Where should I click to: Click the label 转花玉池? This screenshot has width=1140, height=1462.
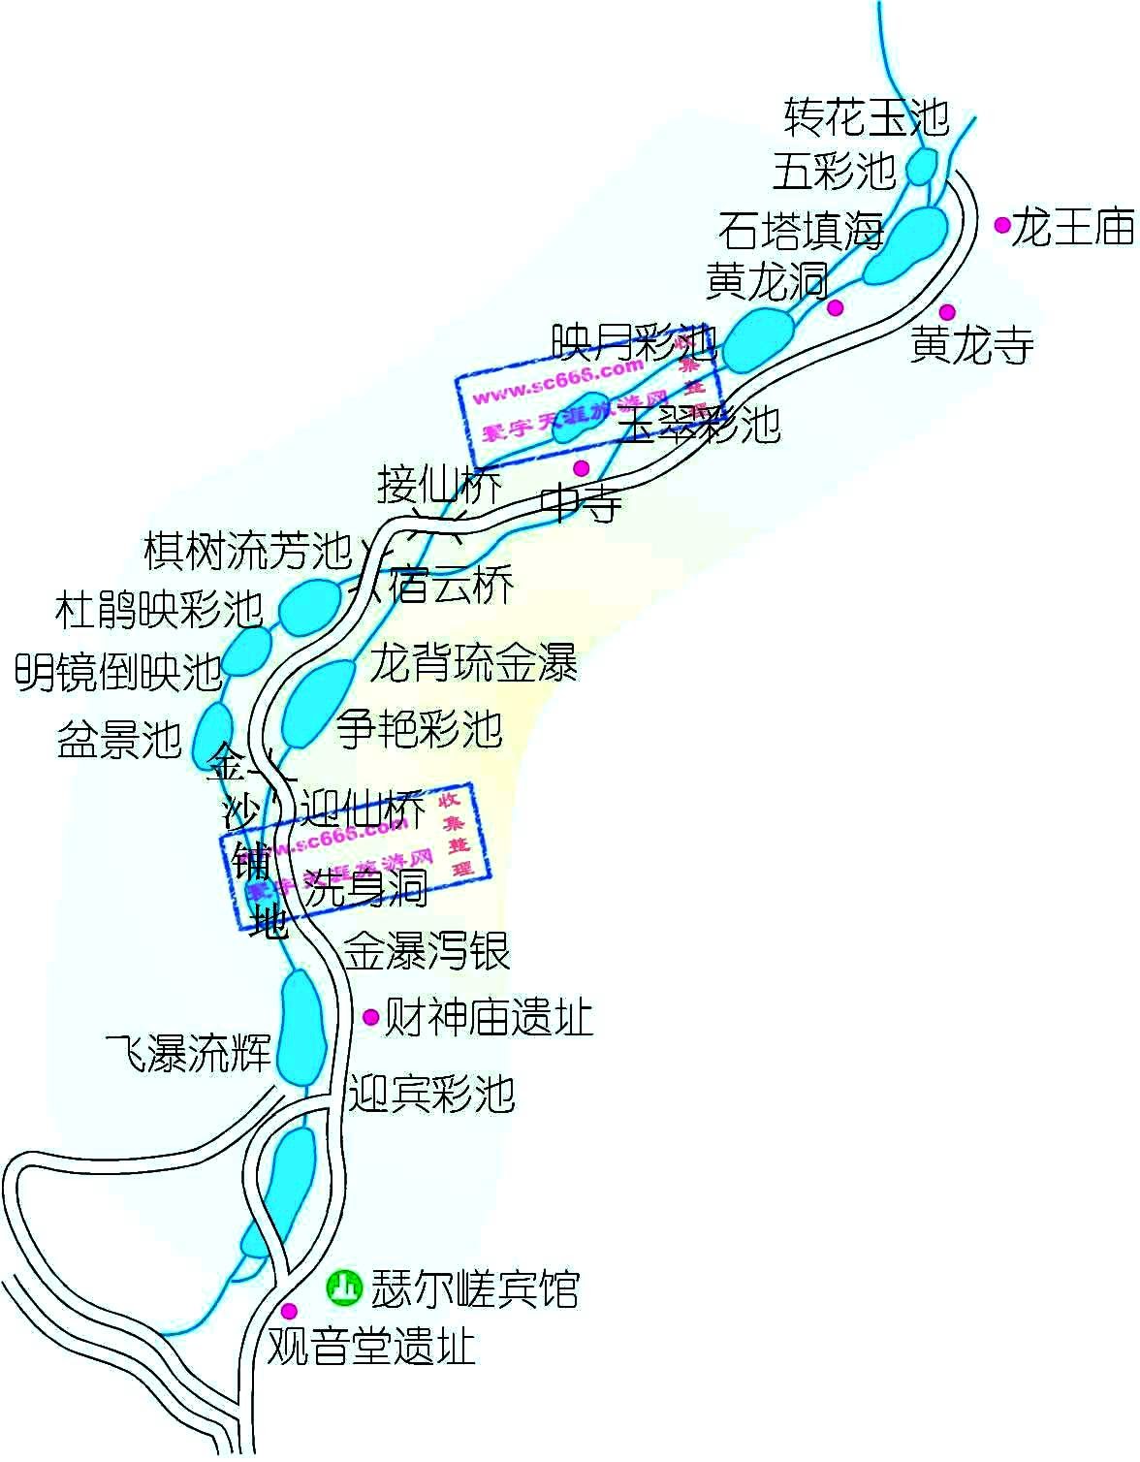866,116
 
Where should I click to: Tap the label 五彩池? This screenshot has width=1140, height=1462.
834,172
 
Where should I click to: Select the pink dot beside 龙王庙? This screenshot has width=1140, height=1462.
1002,225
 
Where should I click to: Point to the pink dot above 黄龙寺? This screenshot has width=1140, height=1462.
947,311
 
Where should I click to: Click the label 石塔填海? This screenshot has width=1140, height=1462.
801,232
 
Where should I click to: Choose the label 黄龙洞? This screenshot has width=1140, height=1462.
767,282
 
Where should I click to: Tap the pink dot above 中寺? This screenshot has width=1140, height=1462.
582,467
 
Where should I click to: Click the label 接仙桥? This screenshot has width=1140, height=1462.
439,485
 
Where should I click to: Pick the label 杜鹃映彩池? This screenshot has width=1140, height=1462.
159,610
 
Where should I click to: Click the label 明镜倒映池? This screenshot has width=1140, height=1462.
118,671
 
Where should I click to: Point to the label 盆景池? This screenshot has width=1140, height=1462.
119,739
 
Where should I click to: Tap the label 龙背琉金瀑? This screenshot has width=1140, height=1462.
473,664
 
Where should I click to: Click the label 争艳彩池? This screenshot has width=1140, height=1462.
419,728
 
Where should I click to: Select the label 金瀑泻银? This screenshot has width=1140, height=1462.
427,951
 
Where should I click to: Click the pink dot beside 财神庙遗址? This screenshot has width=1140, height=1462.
370,1016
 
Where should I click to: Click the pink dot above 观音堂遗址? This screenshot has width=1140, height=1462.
288,1311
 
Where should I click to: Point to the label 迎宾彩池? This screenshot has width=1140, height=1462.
431,1094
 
